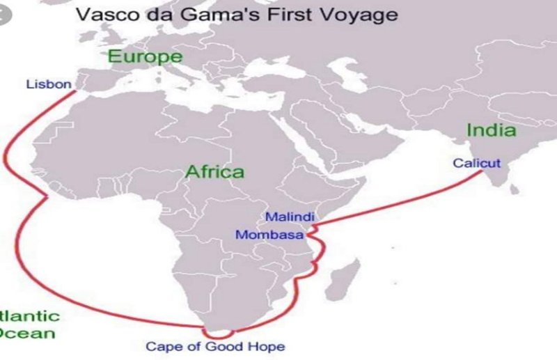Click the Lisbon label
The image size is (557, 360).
(x=49, y=84)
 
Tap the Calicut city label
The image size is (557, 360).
(x=476, y=163)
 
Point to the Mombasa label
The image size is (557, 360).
(x=269, y=235)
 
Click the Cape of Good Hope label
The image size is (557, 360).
(x=214, y=346)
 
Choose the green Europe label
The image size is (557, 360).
(x=145, y=56)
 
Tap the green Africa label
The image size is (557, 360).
(x=214, y=171)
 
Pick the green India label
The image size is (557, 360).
(x=491, y=130)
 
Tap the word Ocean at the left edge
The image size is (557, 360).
(x=28, y=333)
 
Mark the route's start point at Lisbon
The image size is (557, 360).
(x=77, y=91)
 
